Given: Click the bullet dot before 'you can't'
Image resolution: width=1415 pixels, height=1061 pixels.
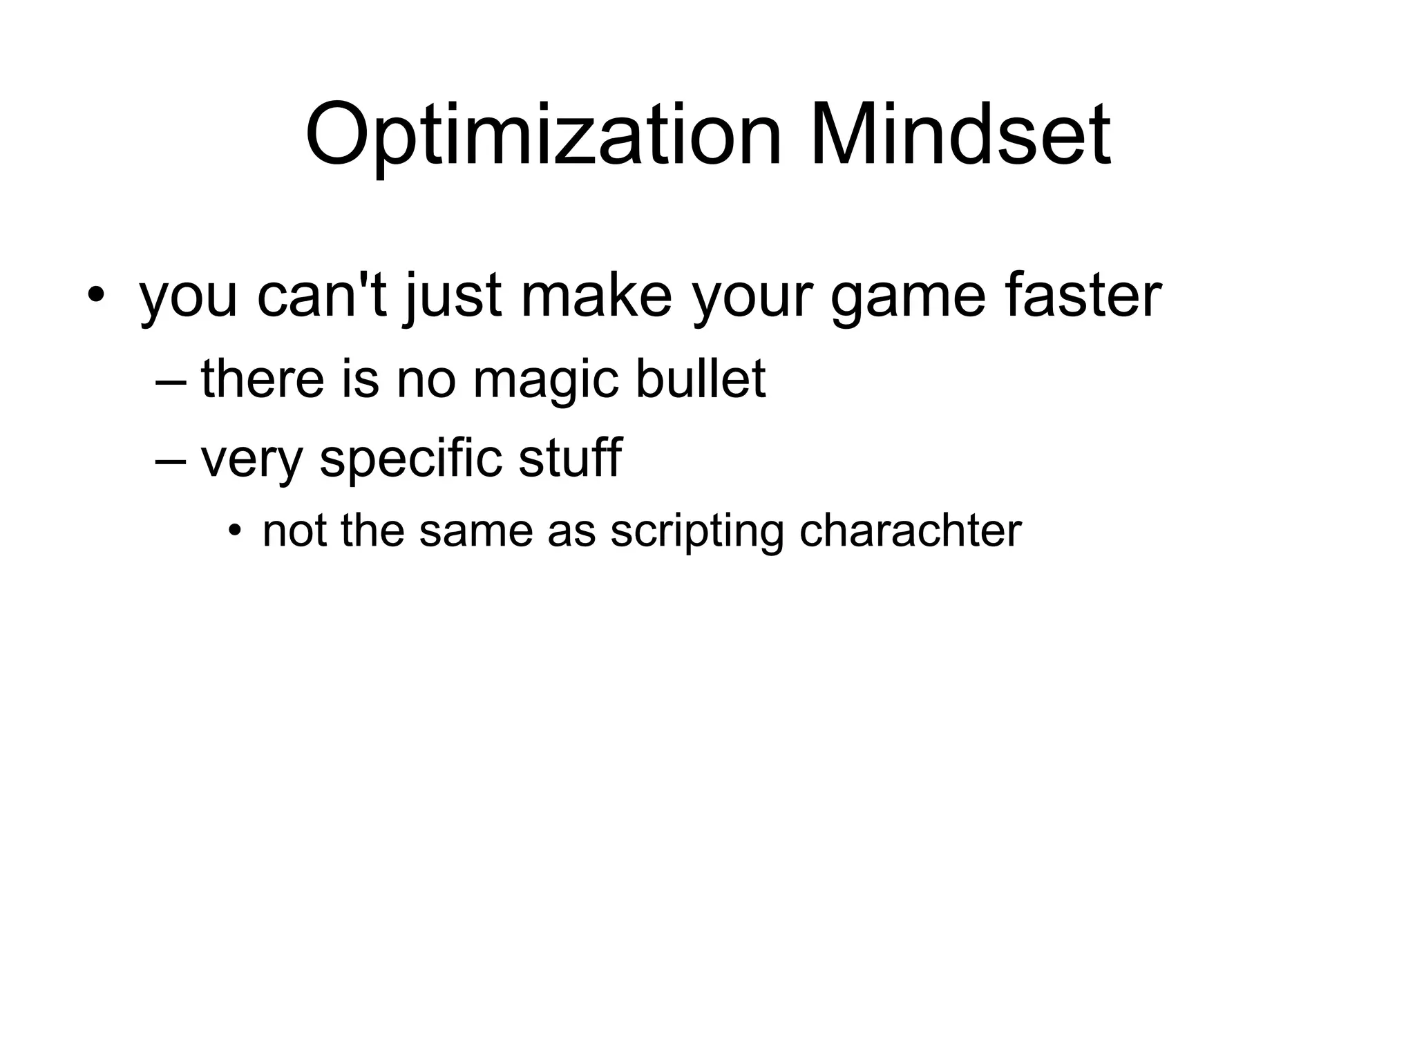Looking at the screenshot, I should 96,296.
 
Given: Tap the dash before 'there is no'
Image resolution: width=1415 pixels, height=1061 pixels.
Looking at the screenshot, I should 171,381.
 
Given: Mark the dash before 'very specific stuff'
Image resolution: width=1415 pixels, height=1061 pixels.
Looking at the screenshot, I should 171,459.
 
